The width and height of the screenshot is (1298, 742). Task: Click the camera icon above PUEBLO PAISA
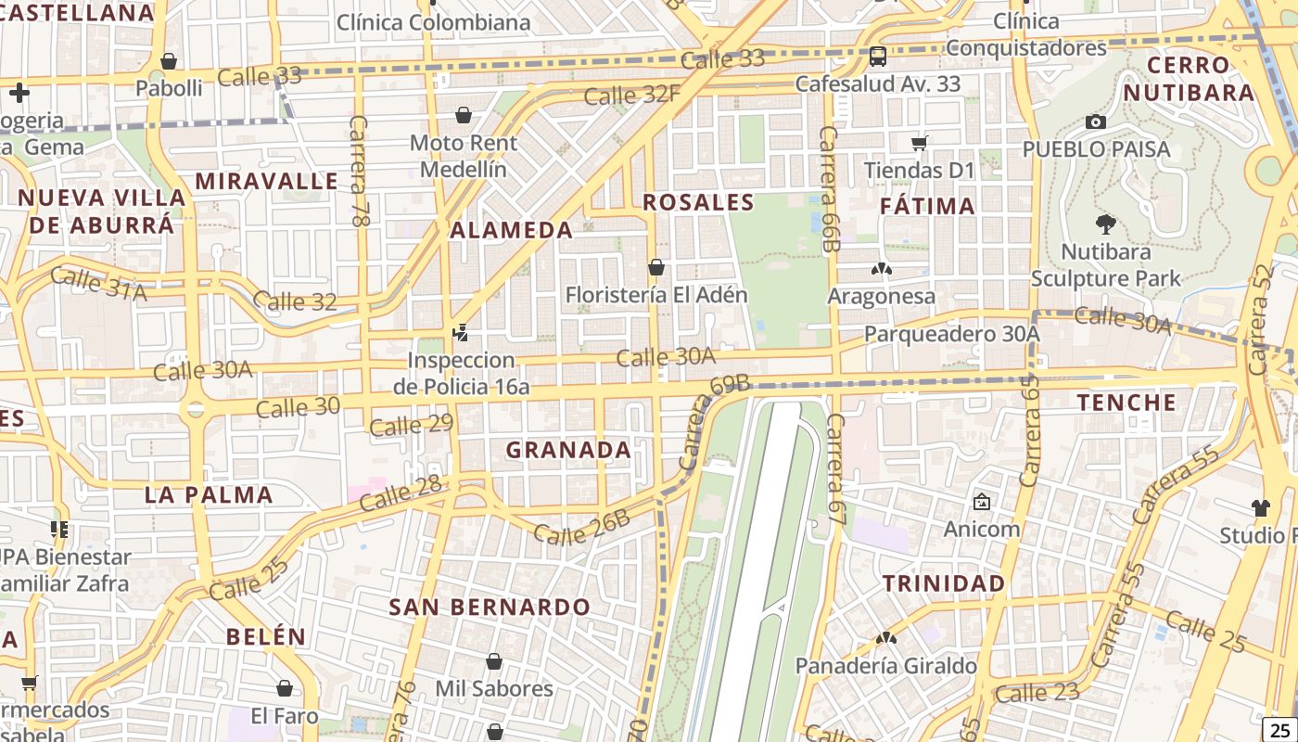(1095, 122)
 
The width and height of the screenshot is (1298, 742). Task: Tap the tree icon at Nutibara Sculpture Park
(1105, 224)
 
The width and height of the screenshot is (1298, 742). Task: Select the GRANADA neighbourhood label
(568, 450)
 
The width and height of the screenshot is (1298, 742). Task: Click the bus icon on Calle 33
(877, 56)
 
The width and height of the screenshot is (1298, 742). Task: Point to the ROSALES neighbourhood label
(698, 202)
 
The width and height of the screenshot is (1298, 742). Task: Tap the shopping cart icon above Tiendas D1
(919, 143)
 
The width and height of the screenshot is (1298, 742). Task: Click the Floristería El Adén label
(656, 295)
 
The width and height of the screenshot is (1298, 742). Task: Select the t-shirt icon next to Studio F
(1260, 507)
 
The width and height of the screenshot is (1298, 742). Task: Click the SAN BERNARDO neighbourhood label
(490, 607)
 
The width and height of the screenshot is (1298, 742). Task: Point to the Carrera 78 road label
(359, 172)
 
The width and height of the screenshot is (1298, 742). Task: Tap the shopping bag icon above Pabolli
(169, 61)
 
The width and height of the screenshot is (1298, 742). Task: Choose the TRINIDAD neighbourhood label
(943, 583)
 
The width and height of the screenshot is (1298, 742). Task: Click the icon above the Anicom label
(981, 502)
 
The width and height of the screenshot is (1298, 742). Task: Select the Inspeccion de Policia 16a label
(461, 373)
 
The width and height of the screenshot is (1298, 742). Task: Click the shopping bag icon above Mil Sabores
(494, 661)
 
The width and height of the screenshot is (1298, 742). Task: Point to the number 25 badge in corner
(1279, 728)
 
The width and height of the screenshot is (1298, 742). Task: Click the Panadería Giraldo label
(885, 666)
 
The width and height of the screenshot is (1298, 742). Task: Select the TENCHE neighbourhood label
(1126, 402)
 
